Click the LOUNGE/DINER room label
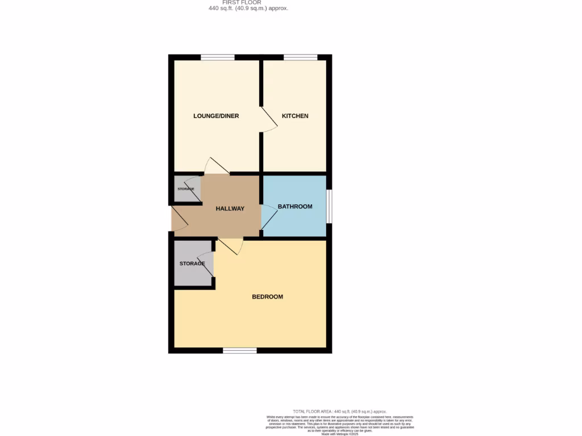coord(216,116)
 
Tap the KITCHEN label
coord(295,116)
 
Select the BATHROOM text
coord(295,207)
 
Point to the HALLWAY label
coord(230,208)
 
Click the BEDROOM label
coord(267,297)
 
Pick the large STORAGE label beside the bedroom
coord(192,263)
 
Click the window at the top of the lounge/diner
coord(218,57)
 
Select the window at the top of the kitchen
coord(301,57)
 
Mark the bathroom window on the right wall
coord(329,206)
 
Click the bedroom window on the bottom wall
coord(239,350)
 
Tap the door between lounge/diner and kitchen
coord(269,119)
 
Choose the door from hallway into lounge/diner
coord(217,166)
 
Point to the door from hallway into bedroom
coord(231,246)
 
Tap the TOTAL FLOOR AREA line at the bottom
coord(339,411)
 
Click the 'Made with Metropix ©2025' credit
coord(340,434)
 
